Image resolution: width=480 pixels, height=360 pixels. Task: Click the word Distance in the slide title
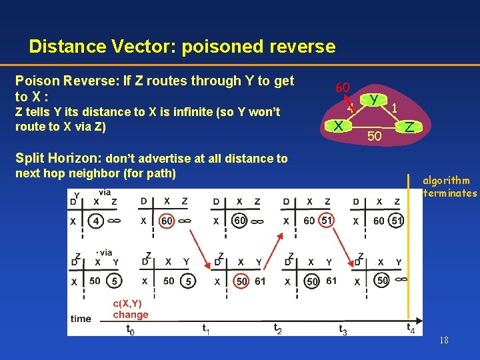(68, 47)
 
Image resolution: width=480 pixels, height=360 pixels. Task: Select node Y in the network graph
(375, 99)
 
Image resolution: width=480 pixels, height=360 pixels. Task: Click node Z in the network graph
(409, 126)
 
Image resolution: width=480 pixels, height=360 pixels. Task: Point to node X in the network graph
(339, 125)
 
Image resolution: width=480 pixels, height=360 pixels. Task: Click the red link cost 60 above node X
(343, 87)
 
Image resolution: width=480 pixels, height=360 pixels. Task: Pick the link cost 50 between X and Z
(374, 137)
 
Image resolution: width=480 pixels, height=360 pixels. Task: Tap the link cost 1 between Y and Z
(395, 107)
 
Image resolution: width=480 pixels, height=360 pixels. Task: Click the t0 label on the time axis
(130, 329)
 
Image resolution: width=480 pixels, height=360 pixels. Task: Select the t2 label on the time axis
(277, 328)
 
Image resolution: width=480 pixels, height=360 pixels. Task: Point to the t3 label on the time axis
(343, 329)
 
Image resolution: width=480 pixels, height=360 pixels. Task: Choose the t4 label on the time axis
(411, 327)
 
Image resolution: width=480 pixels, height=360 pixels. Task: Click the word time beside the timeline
(81, 319)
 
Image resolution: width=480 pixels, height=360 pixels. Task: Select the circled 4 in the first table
(97, 220)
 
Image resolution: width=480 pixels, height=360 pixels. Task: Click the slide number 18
(444, 341)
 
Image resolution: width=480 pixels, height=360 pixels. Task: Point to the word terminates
(450, 193)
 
